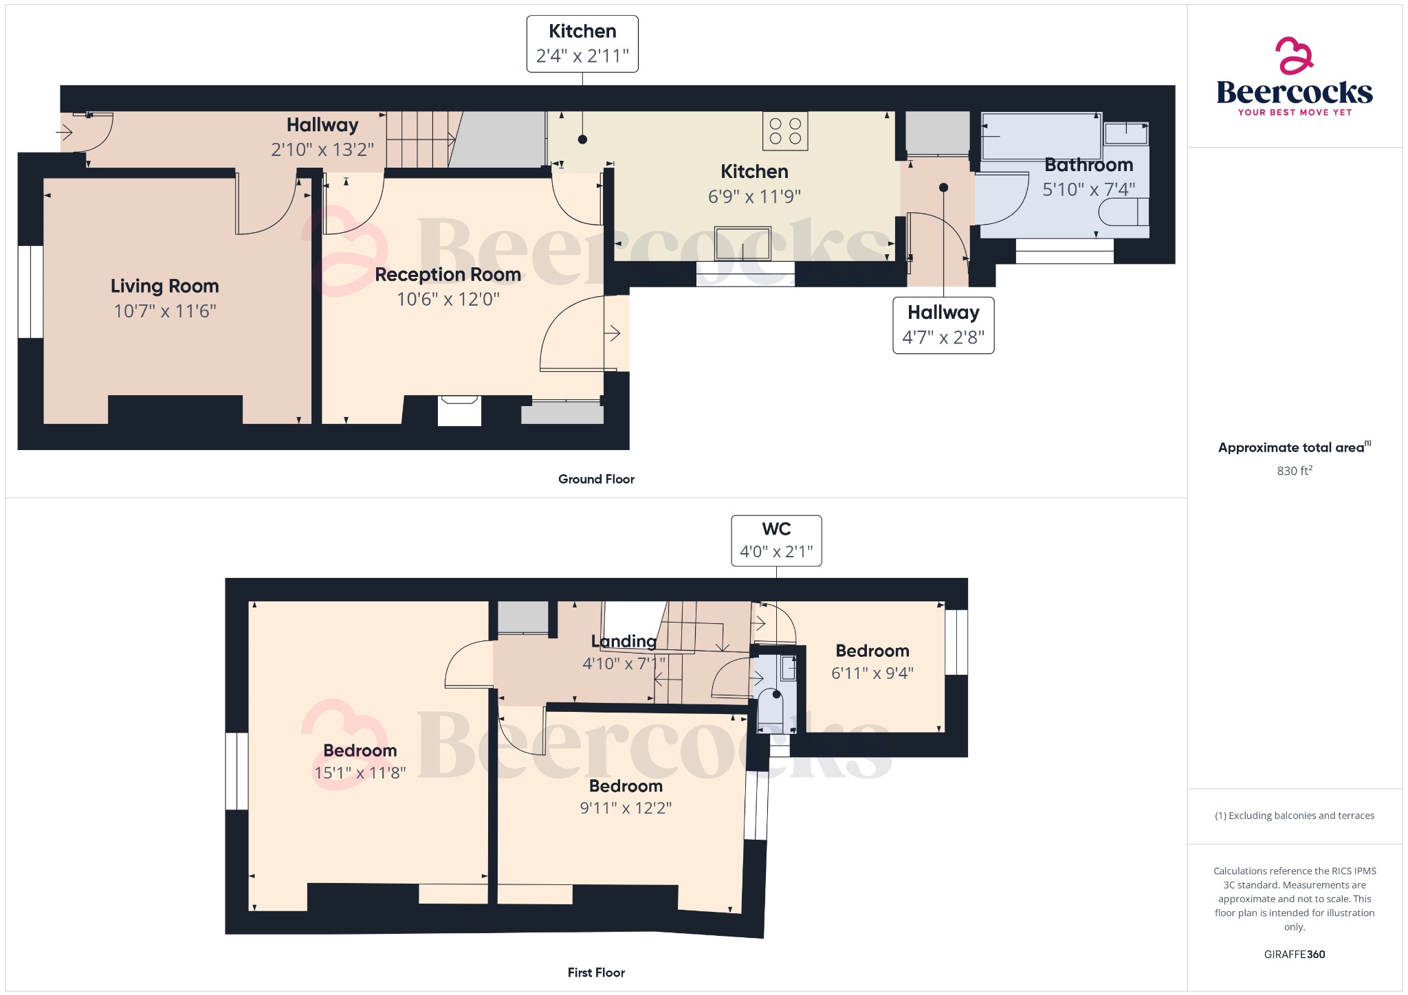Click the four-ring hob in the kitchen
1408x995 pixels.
(x=785, y=131)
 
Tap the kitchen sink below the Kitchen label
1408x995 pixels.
(x=742, y=244)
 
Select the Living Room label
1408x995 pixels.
(x=164, y=286)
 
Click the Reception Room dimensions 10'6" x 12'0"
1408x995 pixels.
(x=448, y=300)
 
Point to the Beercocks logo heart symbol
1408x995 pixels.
(x=1294, y=56)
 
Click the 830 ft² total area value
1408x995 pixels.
(x=1294, y=471)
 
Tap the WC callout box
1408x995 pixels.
(x=776, y=541)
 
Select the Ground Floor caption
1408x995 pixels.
(x=596, y=479)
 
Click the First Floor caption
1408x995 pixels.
(x=596, y=972)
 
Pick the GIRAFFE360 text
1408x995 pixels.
(x=1294, y=954)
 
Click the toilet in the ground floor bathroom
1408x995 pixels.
(x=1123, y=212)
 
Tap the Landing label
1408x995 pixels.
(x=624, y=641)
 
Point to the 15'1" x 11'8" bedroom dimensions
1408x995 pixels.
(x=360, y=773)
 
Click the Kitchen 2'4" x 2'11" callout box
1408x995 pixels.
(x=582, y=44)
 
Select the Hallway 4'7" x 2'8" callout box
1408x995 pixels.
(x=943, y=325)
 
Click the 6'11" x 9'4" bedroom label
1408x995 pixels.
(x=872, y=673)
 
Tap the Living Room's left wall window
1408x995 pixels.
(x=30, y=291)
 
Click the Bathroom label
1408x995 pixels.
(x=1088, y=165)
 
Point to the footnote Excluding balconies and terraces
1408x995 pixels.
(x=1294, y=816)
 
